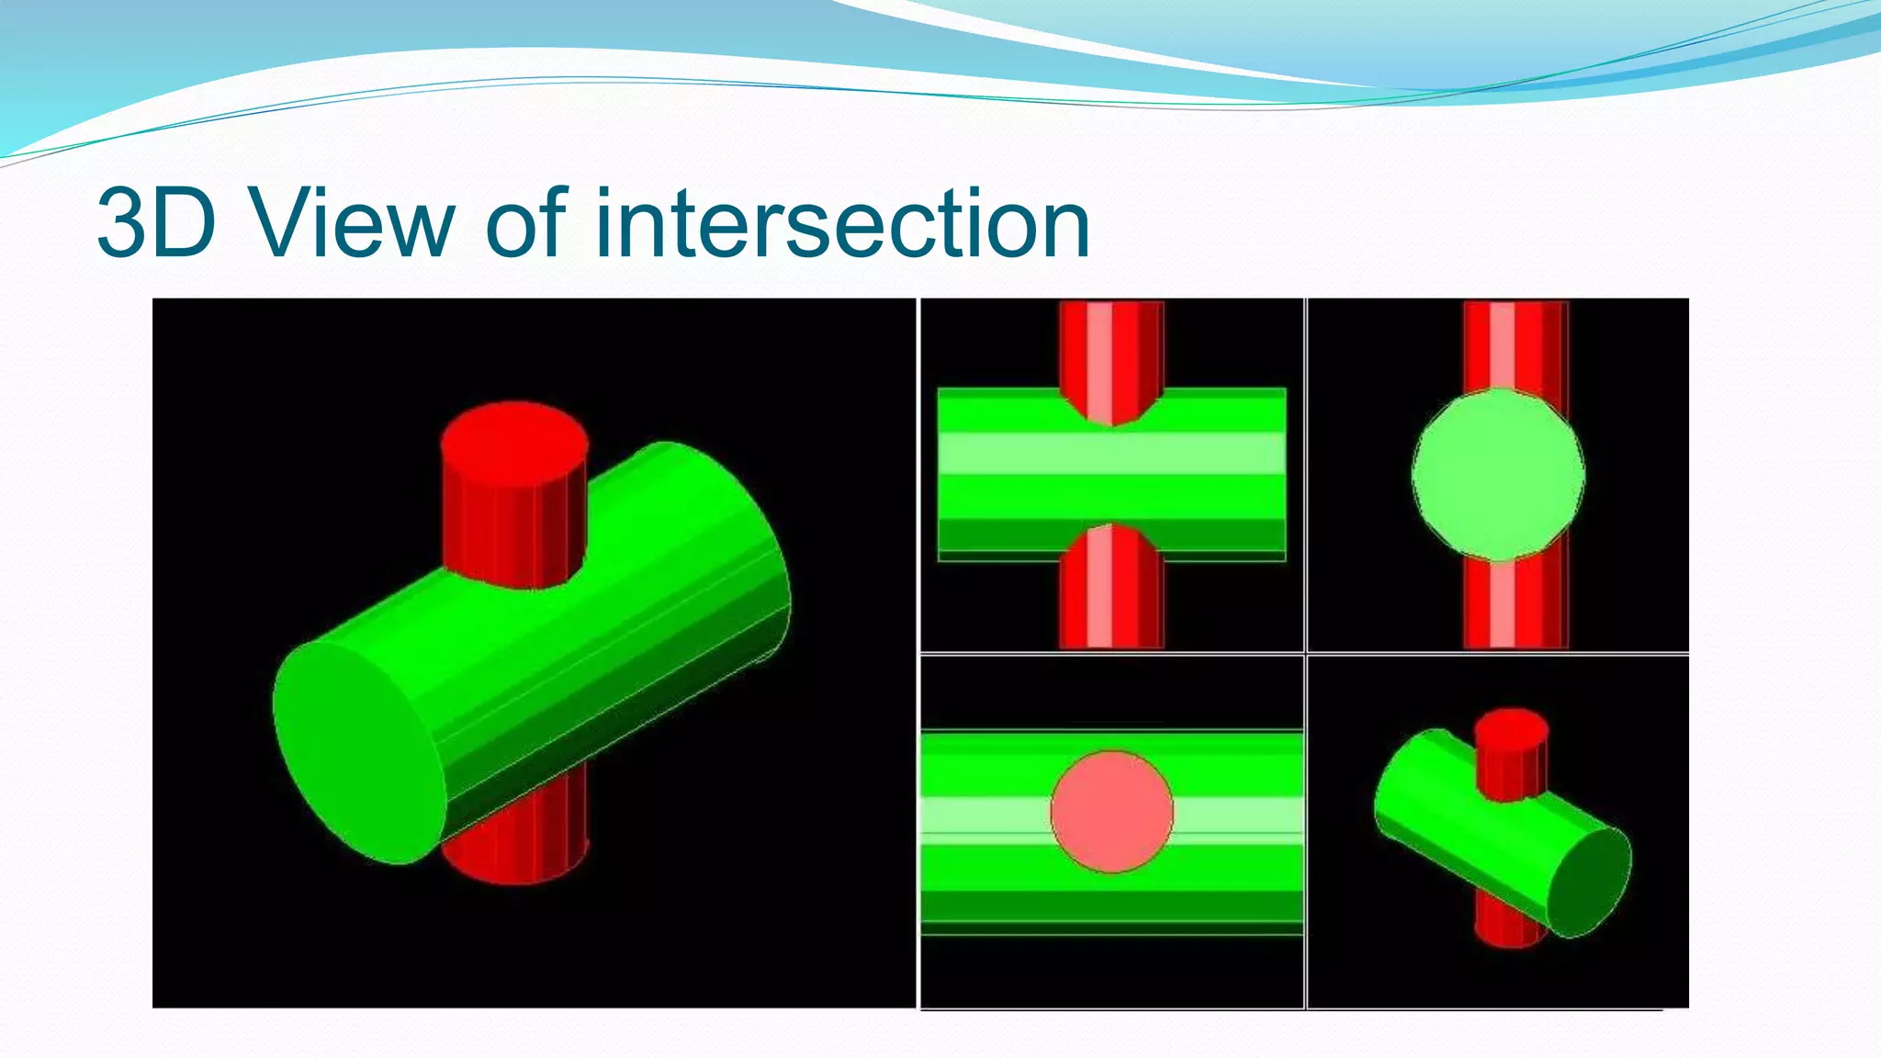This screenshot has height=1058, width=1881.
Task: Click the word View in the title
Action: [x=353, y=222]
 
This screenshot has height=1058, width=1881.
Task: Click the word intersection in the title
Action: [x=842, y=222]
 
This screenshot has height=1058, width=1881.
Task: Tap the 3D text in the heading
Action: [x=156, y=222]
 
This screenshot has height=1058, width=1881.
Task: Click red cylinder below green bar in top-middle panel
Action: [x=1111, y=597]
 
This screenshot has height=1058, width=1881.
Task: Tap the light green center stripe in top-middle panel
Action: [x=1111, y=454]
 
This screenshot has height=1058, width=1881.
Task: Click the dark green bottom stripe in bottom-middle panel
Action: [x=1111, y=906]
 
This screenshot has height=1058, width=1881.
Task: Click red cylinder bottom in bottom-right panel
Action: [x=1506, y=929]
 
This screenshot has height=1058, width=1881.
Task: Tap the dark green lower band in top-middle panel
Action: [x=1111, y=535]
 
